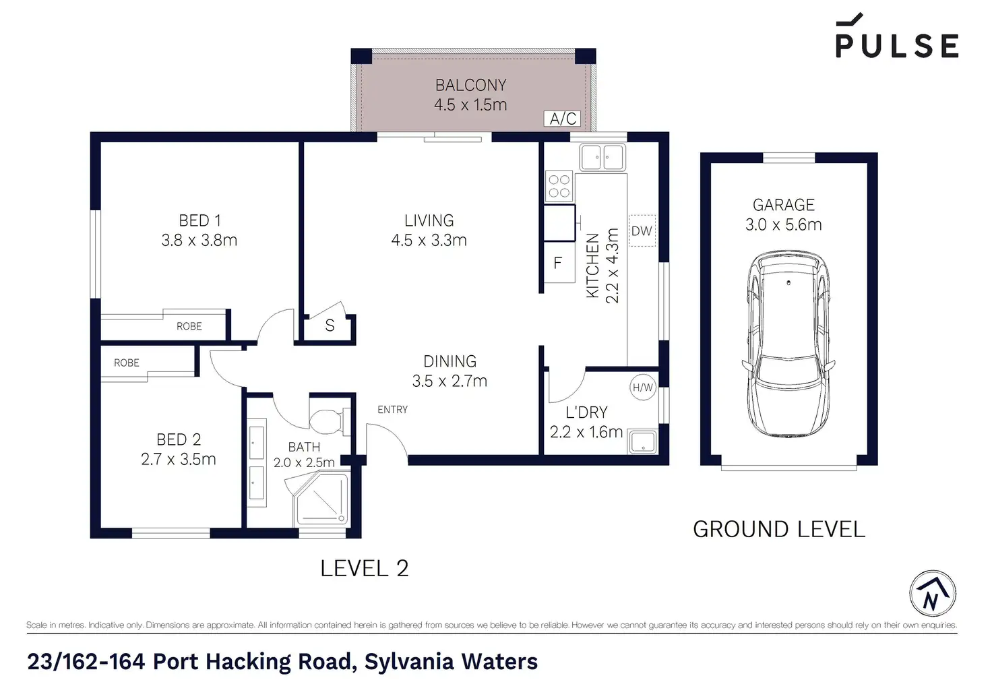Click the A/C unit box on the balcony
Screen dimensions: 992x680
click(x=563, y=119)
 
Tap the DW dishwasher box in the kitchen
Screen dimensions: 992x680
click(x=642, y=230)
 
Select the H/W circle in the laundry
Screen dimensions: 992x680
click(x=643, y=388)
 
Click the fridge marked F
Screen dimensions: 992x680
click(x=559, y=263)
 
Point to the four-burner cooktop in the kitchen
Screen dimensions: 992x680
click(x=559, y=186)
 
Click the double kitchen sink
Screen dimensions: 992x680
click(x=602, y=157)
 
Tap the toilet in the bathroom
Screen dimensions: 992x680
click(x=330, y=421)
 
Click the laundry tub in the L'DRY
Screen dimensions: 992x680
click(x=643, y=441)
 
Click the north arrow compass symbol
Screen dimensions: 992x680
click(x=933, y=594)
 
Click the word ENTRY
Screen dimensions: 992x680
click(x=392, y=410)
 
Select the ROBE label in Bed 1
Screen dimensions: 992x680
click(x=189, y=326)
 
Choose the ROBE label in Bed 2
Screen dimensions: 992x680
click(x=127, y=363)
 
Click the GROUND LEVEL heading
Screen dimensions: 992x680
click(x=779, y=530)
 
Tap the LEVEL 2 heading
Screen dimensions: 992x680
click(x=365, y=568)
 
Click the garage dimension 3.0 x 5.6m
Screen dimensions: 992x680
click(x=783, y=224)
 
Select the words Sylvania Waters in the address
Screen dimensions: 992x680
click(x=451, y=661)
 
